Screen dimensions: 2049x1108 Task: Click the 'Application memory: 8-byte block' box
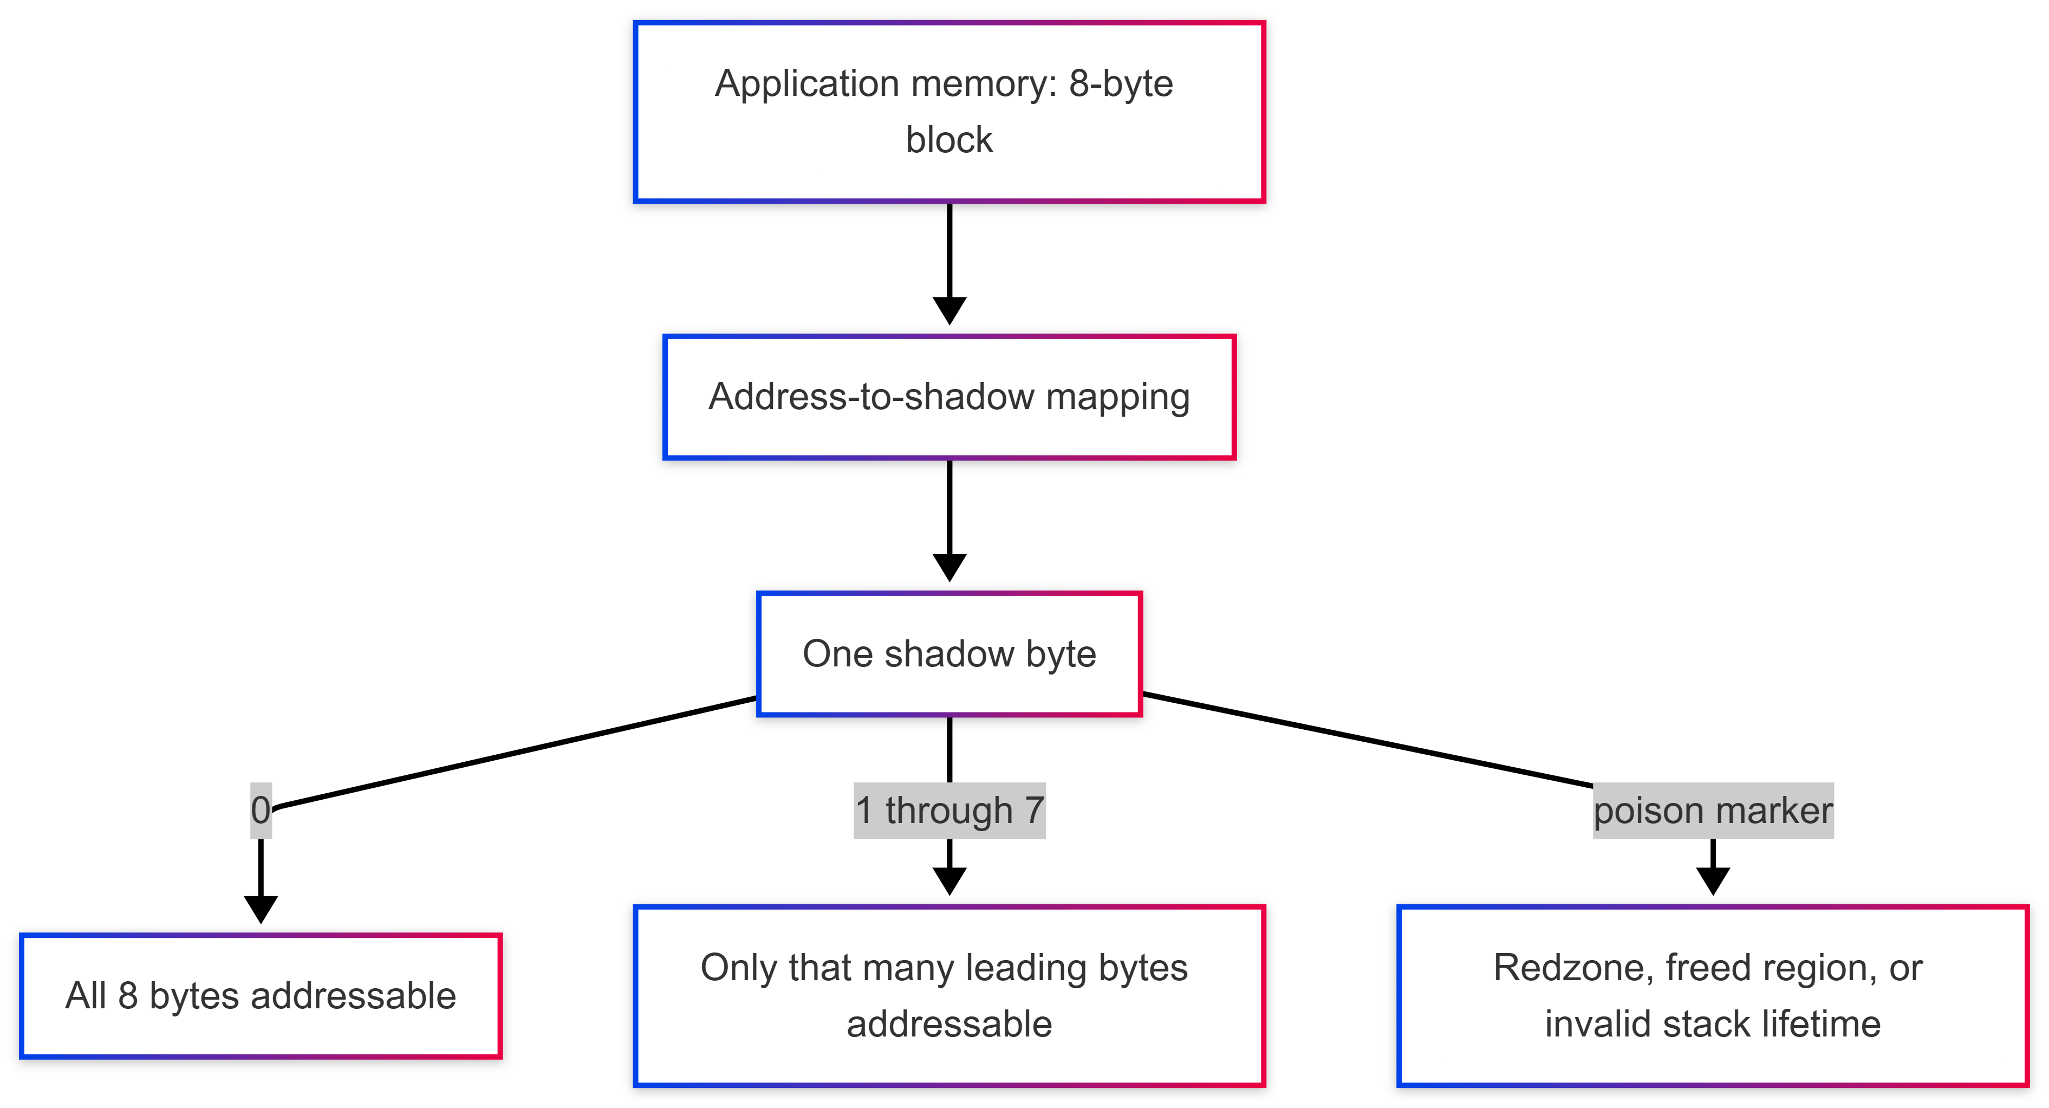(x=949, y=112)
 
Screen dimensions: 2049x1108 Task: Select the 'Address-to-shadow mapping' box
(x=949, y=397)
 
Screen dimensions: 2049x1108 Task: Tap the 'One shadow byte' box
(x=949, y=654)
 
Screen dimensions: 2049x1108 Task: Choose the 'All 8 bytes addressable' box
(x=261, y=996)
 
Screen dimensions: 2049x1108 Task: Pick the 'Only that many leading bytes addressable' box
(x=949, y=996)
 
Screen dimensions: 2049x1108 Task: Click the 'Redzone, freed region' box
(x=1713, y=996)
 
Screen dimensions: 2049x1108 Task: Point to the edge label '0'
(x=261, y=811)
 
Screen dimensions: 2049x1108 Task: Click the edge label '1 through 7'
(x=949, y=811)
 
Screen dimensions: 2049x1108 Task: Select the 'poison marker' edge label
(x=1713, y=811)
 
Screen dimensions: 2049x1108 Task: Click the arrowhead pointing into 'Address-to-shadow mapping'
(x=949, y=311)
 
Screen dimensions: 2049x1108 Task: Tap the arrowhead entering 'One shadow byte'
(x=949, y=568)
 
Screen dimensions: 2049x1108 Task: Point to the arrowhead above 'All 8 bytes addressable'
(x=261, y=910)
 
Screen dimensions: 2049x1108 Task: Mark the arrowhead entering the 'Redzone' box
(x=1713, y=882)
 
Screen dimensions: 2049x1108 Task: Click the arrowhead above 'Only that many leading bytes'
(x=949, y=882)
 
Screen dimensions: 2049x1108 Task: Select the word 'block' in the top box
(x=949, y=140)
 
